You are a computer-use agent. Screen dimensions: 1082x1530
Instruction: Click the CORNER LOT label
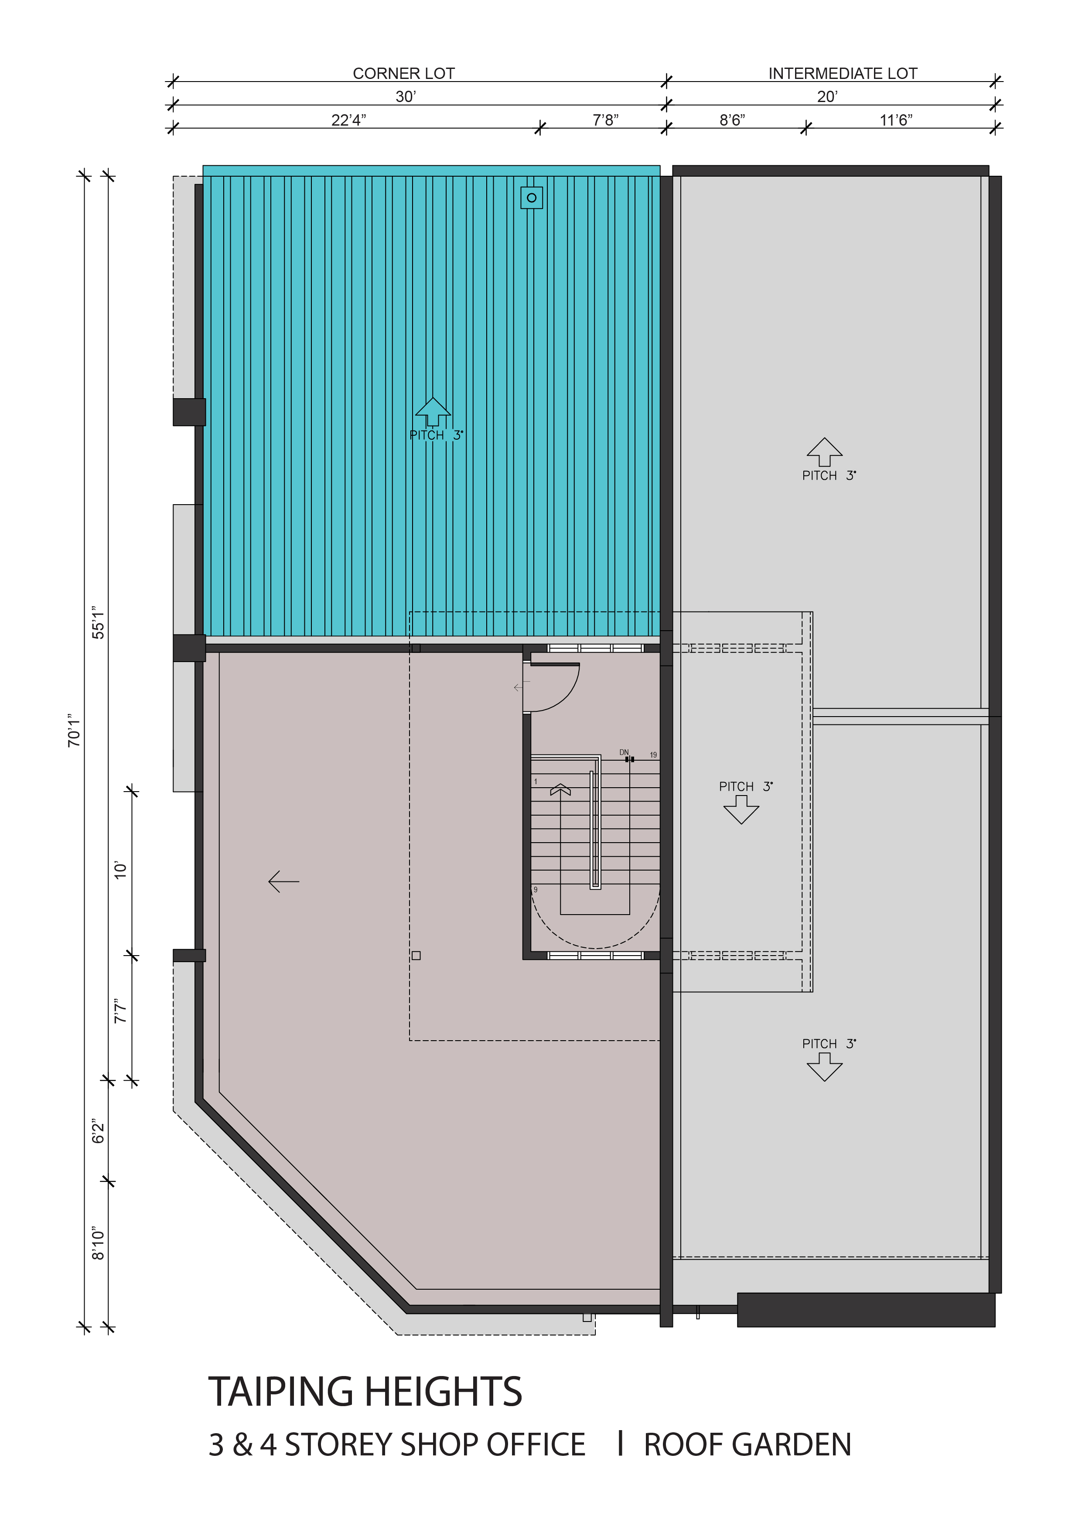[x=404, y=73]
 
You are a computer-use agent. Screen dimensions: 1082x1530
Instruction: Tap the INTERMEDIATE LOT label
[x=843, y=73]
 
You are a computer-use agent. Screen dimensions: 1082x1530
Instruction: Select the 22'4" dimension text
[x=348, y=120]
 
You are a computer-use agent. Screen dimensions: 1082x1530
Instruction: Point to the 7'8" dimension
[x=606, y=120]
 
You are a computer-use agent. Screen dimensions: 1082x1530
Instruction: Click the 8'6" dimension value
[x=732, y=120]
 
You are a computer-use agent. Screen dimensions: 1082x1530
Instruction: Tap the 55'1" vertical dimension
[x=99, y=622]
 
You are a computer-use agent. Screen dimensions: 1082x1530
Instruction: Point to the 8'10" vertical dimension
[x=99, y=1243]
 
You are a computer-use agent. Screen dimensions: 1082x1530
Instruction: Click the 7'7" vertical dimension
[x=120, y=1011]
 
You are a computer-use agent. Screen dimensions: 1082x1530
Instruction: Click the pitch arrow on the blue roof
[x=433, y=412]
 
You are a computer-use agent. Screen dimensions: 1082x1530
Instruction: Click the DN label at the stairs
[x=624, y=752]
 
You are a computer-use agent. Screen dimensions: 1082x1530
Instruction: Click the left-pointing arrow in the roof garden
[x=284, y=881]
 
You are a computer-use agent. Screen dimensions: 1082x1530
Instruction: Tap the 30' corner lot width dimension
[x=406, y=97]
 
